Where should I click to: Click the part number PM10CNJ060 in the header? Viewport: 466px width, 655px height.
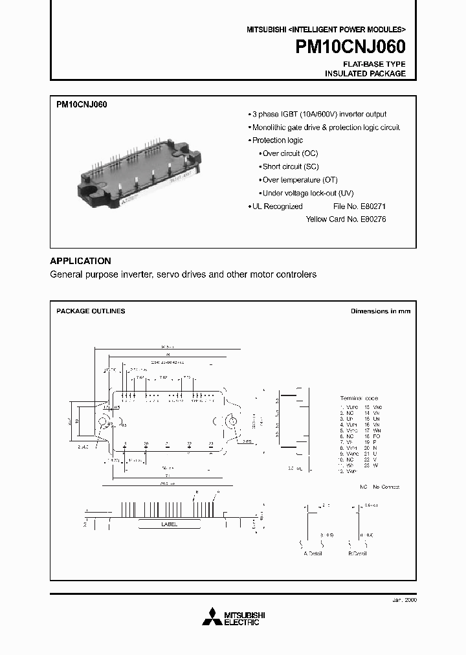(351, 47)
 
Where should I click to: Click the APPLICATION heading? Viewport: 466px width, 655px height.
(80, 261)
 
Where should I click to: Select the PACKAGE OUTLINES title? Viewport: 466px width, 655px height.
(91, 311)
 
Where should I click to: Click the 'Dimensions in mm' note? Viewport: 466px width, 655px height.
(380, 311)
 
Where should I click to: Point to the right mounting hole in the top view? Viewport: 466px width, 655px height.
(230, 421)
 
